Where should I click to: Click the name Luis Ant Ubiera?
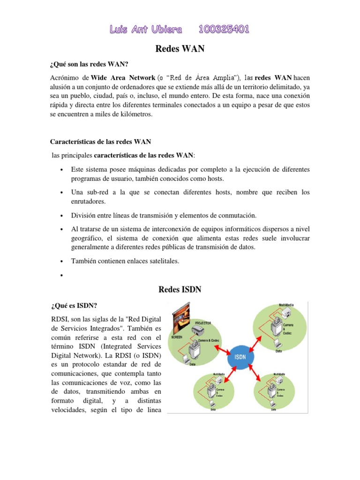click(145, 30)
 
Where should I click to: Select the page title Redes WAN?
click(180, 49)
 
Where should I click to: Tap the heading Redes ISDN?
click(180, 290)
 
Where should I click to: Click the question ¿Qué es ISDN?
click(74, 306)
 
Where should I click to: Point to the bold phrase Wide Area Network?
click(123, 77)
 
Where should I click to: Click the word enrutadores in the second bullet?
click(88, 201)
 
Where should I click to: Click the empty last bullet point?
click(62, 275)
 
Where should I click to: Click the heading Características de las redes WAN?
click(100, 141)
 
